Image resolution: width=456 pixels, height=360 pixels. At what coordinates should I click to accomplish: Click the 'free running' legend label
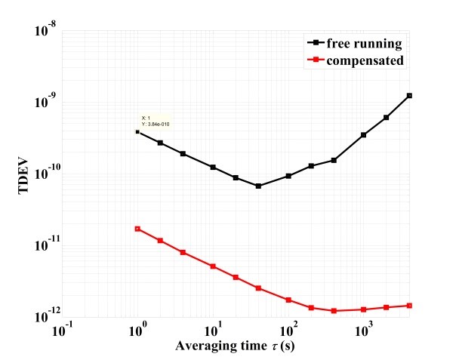(367, 43)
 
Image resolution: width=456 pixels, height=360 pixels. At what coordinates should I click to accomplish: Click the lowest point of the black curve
(258, 186)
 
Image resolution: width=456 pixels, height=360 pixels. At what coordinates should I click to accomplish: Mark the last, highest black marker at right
(409, 96)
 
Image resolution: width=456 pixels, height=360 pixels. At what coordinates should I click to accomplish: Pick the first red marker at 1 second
(137, 229)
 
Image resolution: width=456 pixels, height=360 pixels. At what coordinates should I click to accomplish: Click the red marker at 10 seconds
(213, 266)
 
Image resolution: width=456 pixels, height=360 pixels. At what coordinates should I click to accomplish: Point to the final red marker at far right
(409, 306)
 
